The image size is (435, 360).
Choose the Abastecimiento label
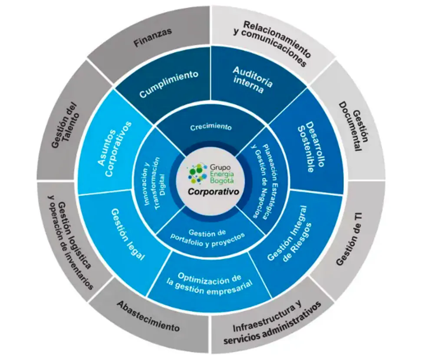pos(148,316)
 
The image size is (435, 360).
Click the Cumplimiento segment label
pos(169,83)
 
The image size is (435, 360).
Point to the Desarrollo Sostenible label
pos(310,146)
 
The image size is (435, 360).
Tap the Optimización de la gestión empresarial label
pos(210,284)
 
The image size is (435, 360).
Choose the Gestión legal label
pos(128,234)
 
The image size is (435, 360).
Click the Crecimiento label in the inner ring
pos(211,127)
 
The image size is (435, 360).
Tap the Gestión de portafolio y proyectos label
pos(208,237)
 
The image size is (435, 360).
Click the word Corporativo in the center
pos(213,192)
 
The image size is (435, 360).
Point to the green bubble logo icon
pos(198,174)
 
